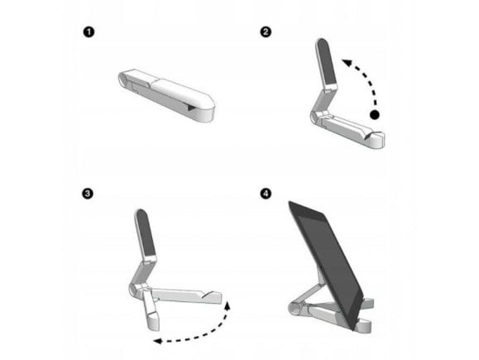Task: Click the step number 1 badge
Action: click(89, 32)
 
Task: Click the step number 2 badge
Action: click(266, 31)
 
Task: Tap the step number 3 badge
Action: click(88, 194)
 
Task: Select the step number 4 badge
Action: click(266, 194)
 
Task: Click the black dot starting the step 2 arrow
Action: click(375, 115)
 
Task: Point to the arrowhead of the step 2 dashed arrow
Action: click(347, 62)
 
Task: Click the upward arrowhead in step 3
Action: click(228, 305)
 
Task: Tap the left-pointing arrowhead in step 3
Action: click(157, 341)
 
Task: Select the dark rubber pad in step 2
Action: click(327, 62)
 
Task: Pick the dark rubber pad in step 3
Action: click(146, 233)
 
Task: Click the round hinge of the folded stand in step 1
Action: click(123, 79)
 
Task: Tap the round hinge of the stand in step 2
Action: click(314, 117)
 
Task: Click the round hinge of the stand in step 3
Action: click(134, 290)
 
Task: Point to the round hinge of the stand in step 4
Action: click(295, 308)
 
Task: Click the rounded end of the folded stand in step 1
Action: click(207, 108)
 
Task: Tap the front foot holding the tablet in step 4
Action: click(363, 326)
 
